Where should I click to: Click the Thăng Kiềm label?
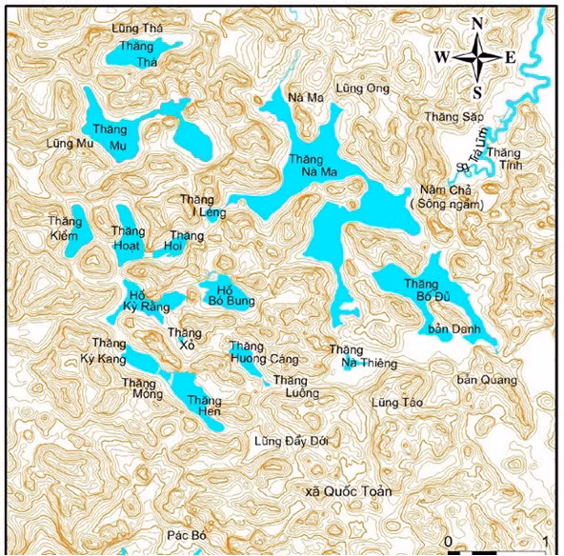tap(67, 228)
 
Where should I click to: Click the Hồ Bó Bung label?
tap(225, 294)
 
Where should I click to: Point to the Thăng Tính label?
tap(505, 159)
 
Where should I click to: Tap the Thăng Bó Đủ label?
tap(426, 289)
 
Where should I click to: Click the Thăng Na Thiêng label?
tap(362, 356)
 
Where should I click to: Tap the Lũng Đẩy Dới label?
tap(292, 442)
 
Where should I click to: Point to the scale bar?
tap(496, 550)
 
